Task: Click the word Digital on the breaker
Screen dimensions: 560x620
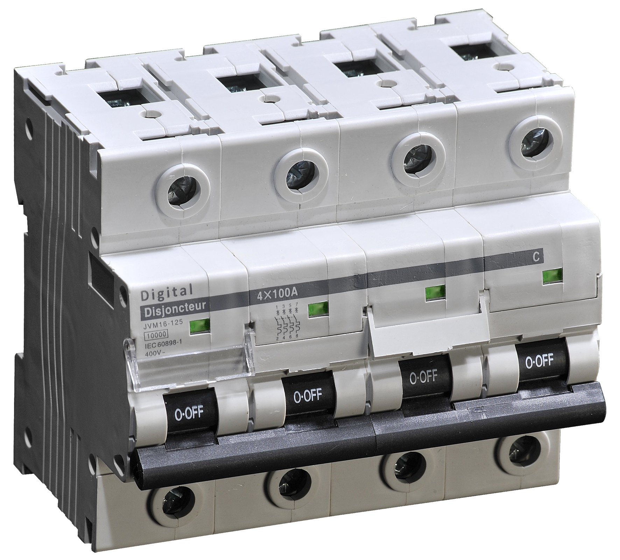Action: (167, 292)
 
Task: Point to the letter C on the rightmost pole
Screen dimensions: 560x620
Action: (535, 258)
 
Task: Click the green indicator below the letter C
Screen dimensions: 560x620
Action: (552, 277)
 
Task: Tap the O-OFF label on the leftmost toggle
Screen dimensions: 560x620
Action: (189, 413)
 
